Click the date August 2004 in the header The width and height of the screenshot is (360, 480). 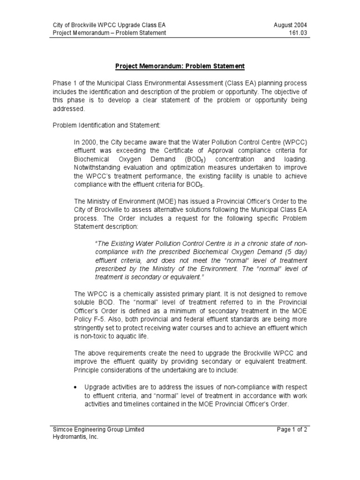pos(291,24)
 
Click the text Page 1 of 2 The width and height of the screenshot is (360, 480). pos(291,429)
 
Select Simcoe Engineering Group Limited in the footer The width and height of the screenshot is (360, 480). pos(98,429)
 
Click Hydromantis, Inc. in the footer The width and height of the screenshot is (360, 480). pos(75,437)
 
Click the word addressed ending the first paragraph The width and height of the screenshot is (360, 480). pos(69,108)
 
